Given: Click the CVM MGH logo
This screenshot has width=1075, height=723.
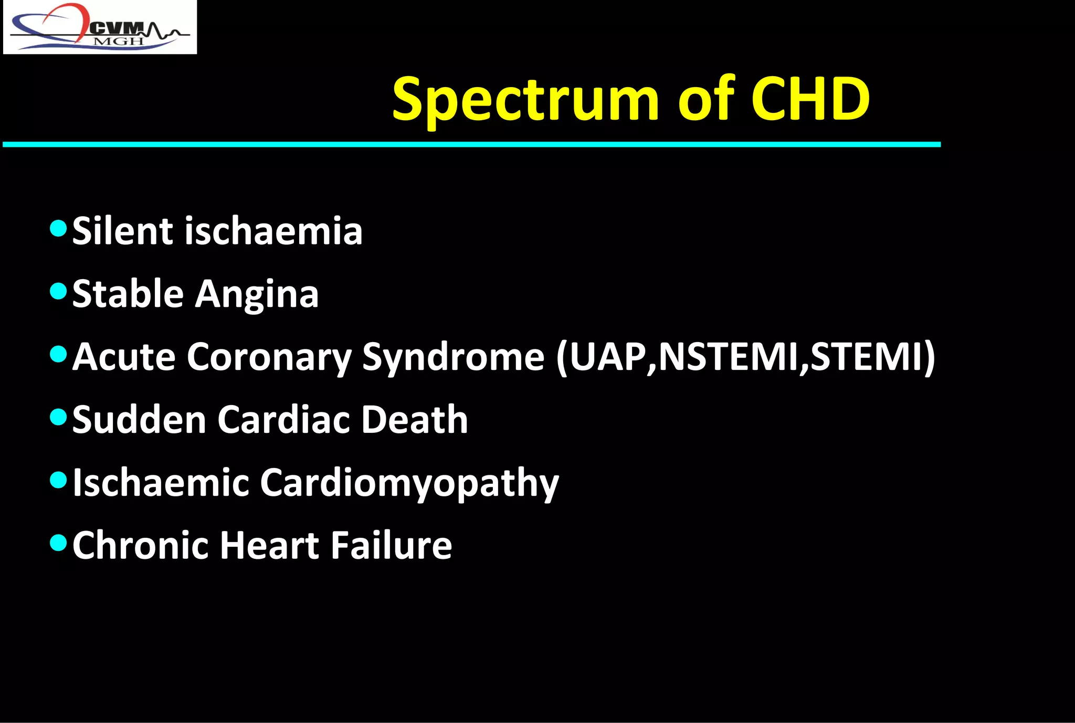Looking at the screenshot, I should (x=100, y=27).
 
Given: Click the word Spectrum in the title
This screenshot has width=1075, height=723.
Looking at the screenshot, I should (x=525, y=100).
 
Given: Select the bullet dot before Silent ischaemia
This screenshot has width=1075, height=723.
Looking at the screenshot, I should (x=58, y=228).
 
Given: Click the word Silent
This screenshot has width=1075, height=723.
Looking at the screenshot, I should (x=122, y=231).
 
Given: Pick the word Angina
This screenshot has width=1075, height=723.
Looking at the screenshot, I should (x=257, y=294).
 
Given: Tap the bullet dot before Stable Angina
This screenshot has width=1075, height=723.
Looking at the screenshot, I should (x=58, y=291).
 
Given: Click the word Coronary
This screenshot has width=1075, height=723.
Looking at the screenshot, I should (x=269, y=357).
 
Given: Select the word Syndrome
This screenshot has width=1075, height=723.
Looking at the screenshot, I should (x=453, y=357).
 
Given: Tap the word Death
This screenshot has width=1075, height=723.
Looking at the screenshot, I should (x=414, y=420).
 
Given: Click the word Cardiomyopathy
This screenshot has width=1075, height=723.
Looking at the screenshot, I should (x=409, y=483).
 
